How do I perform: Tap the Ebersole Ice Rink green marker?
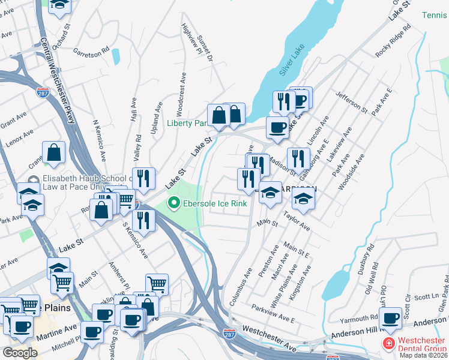pos(174,204)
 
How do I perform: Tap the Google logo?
pos(20,353)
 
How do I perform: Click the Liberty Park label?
pos(187,124)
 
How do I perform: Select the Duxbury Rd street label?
pos(365,256)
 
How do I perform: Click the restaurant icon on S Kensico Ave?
pos(143,220)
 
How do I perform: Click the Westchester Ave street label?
pos(270,339)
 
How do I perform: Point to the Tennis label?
pos(435,15)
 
